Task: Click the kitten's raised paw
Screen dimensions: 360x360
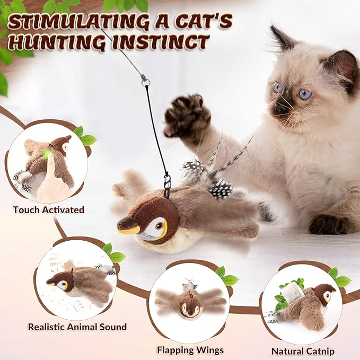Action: click(x=183, y=116)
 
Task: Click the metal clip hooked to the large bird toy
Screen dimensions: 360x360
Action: click(x=166, y=183)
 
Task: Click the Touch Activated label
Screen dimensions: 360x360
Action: click(x=49, y=209)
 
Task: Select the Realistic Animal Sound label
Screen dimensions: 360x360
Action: click(x=77, y=327)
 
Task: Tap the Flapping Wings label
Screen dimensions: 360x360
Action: click(x=190, y=350)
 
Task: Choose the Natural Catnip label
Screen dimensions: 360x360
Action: click(x=303, y=351)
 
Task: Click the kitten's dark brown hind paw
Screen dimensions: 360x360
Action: click(x=328, y=223)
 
